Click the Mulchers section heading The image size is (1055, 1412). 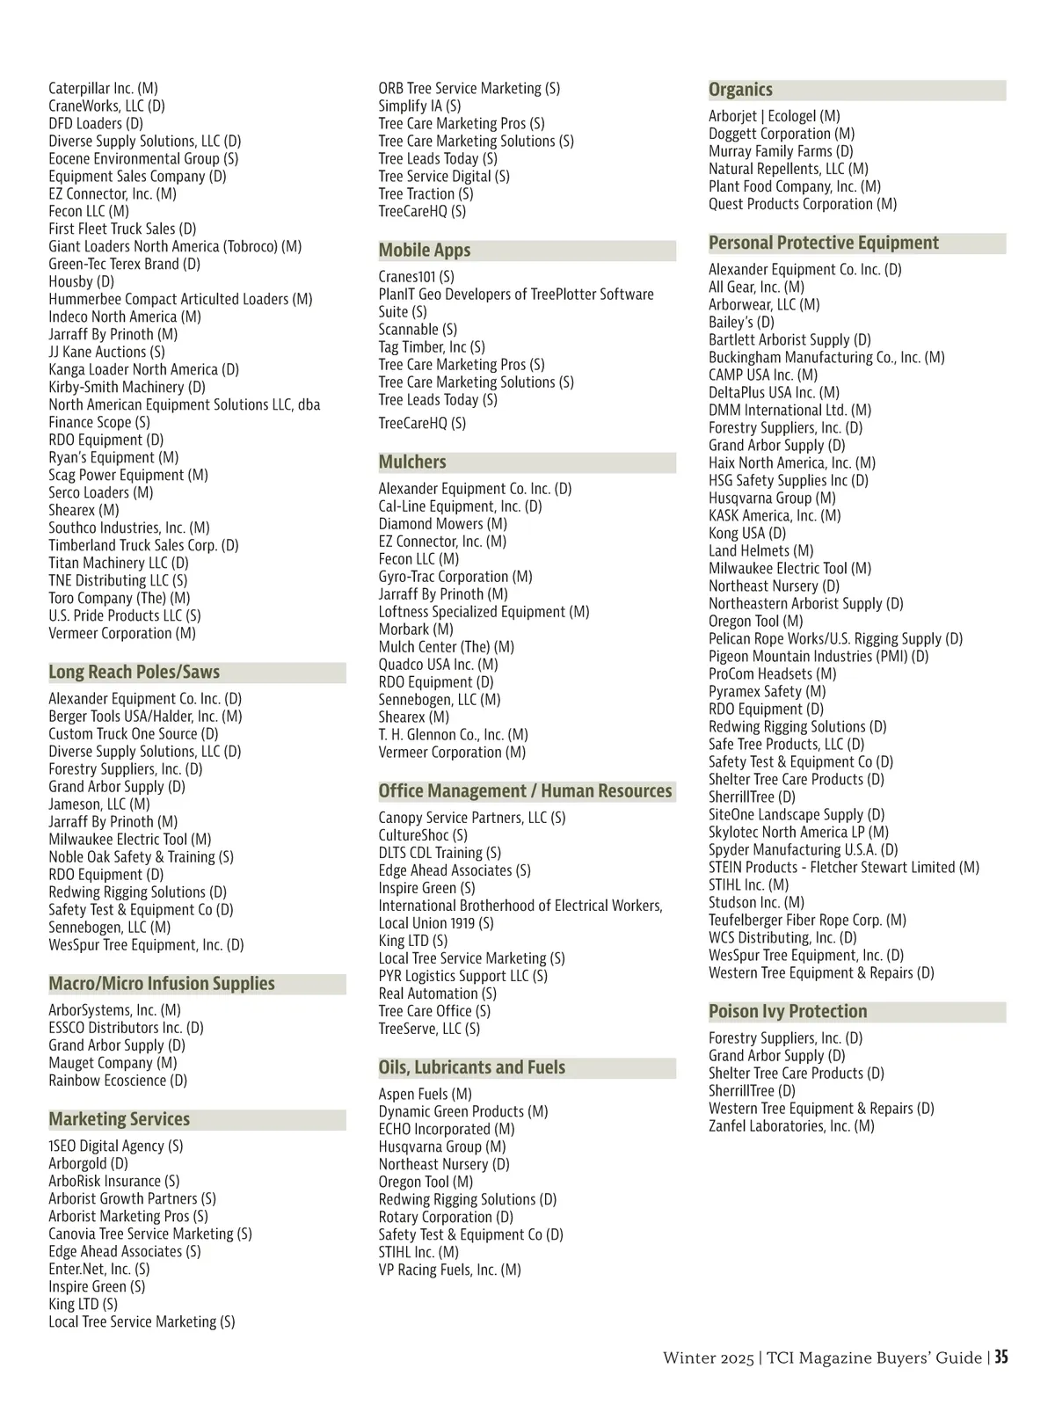click(x=412, y=462)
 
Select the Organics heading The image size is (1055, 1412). click(x=740, y=90)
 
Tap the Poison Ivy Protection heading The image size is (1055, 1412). click(x=788, y=1012)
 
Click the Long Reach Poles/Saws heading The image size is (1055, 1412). click(x=134, y=673)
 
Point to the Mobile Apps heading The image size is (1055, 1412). click(x=425, y=251)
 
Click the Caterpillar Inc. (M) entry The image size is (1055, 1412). click(x=103, y=89)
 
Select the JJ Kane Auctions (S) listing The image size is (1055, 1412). click(x=106, y=353)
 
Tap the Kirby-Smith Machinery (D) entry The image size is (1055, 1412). click(x=127, y=388)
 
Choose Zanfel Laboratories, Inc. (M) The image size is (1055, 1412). click(x=791, y=1126)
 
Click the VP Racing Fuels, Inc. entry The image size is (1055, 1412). click(x=449, y=1270)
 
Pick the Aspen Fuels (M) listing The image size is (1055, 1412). click(x=425, y=1095)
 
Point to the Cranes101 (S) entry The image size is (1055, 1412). click(x=416, y=277)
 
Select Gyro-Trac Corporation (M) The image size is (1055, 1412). click(x=455, y=577)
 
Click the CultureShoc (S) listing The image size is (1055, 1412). click(x=423, y=835)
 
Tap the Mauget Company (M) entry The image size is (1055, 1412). click(x=113, y=1063)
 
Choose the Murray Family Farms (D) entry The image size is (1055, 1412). click(x=781, y=151)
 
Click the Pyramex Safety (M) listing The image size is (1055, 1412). click(x=767, y=692)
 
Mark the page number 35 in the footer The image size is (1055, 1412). click(x=1001, y=1357)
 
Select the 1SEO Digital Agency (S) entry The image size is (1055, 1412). click(x=116, y=1146)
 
